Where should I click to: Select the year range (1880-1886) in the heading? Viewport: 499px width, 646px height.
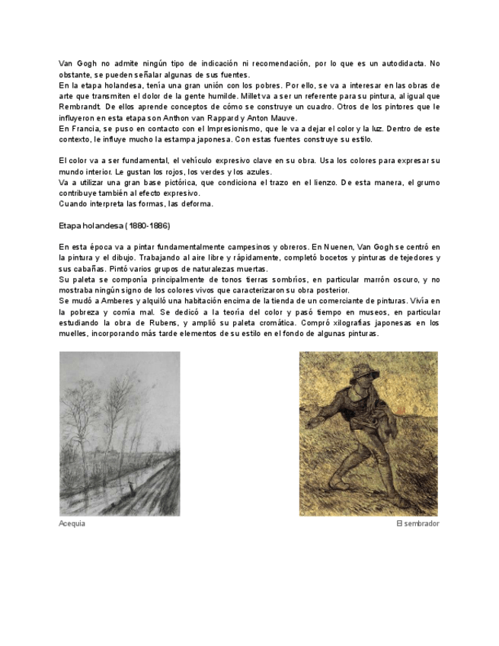click(x=153, y=226)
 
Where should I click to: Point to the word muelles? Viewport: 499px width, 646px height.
click(x=73, y=333)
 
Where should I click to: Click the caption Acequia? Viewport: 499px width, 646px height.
click(x=72, y=524)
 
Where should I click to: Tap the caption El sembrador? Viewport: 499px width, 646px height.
click(x=417, y=524)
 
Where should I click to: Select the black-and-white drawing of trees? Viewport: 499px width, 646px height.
click(x=120, y=433)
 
